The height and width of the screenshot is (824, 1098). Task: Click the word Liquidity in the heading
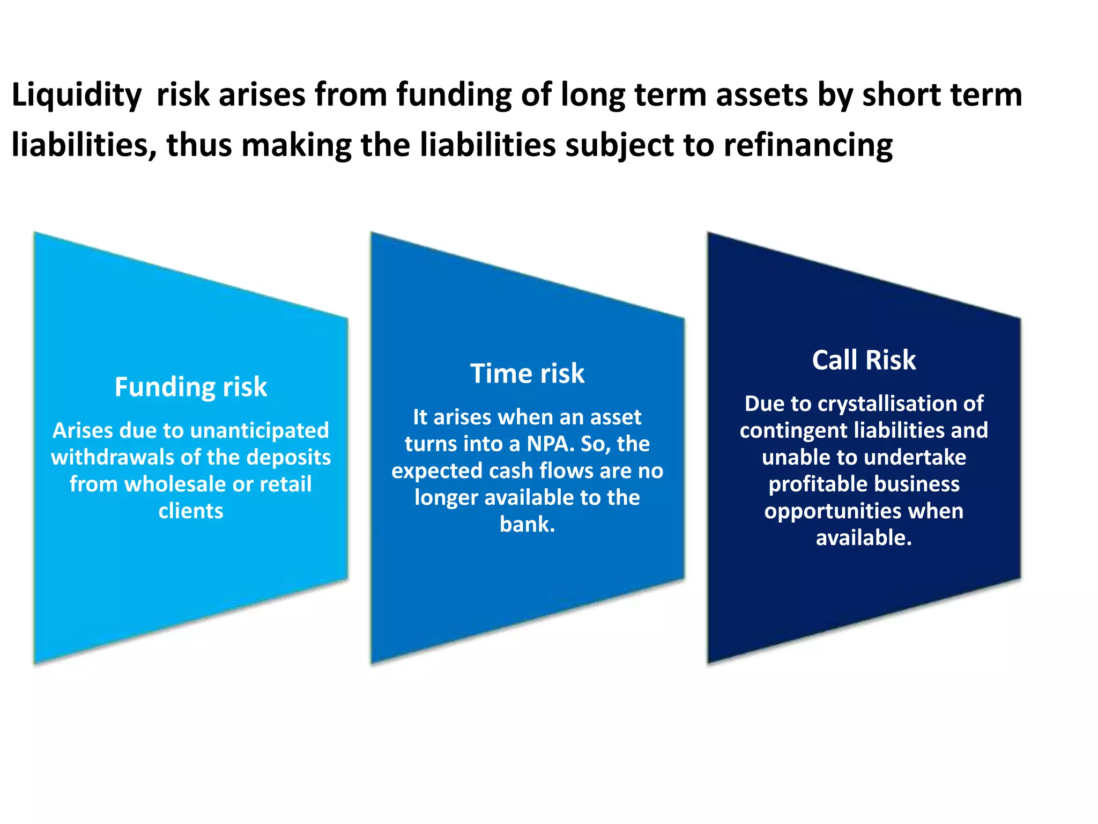click(x=76, y=95)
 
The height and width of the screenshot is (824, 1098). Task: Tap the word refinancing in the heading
click(x=808, y=145)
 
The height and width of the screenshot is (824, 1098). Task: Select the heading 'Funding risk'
click(x=190, y=387)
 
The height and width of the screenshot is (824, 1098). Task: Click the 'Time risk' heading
click(x=527, y=373)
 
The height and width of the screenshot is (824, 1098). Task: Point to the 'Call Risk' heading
click(x=864, y=360)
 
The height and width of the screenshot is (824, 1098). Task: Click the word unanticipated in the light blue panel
click(x=259, y=431)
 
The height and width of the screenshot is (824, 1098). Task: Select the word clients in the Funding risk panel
click(x=190, y=511)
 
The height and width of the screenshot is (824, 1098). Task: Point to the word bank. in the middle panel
click(x=527, y=525)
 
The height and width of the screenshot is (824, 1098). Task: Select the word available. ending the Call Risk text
click(x=864, y=538)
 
